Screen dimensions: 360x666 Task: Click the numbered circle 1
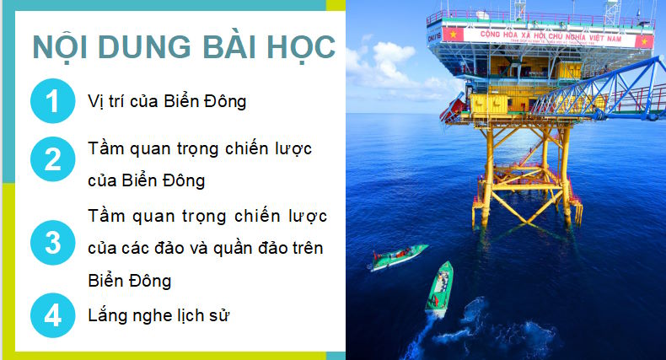coord(52,103)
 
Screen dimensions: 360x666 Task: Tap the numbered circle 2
coord(52,159)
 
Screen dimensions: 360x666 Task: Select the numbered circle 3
coord(52,244)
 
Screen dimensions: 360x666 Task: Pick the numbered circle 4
coord(52,316)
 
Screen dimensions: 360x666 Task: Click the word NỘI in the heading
coord(67,47)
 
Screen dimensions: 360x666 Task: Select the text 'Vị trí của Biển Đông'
coord(167,103)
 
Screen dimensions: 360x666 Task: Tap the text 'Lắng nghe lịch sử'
coord(159,316)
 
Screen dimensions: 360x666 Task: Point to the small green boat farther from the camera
coord(397,257)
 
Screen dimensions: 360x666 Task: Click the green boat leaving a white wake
coord(440,287)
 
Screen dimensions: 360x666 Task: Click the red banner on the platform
coord(547,37)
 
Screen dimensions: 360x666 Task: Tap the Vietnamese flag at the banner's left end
coord(453,35)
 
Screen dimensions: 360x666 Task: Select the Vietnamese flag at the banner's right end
coord(645,40)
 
